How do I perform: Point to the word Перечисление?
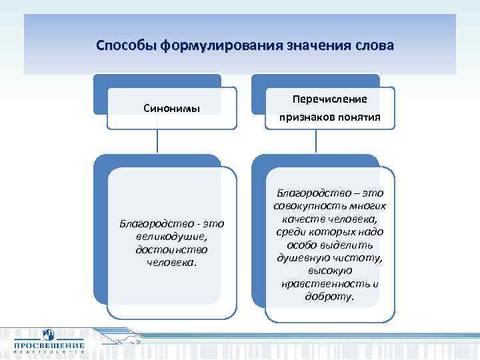click(x=330, y=99)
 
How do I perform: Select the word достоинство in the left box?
click(x=173, y=249)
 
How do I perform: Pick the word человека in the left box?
click(x=171, y=262)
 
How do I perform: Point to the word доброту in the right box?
click(x=330, y=297)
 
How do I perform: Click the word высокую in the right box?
click(x=330, y=271)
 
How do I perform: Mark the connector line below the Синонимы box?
click(x=157, y=141)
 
